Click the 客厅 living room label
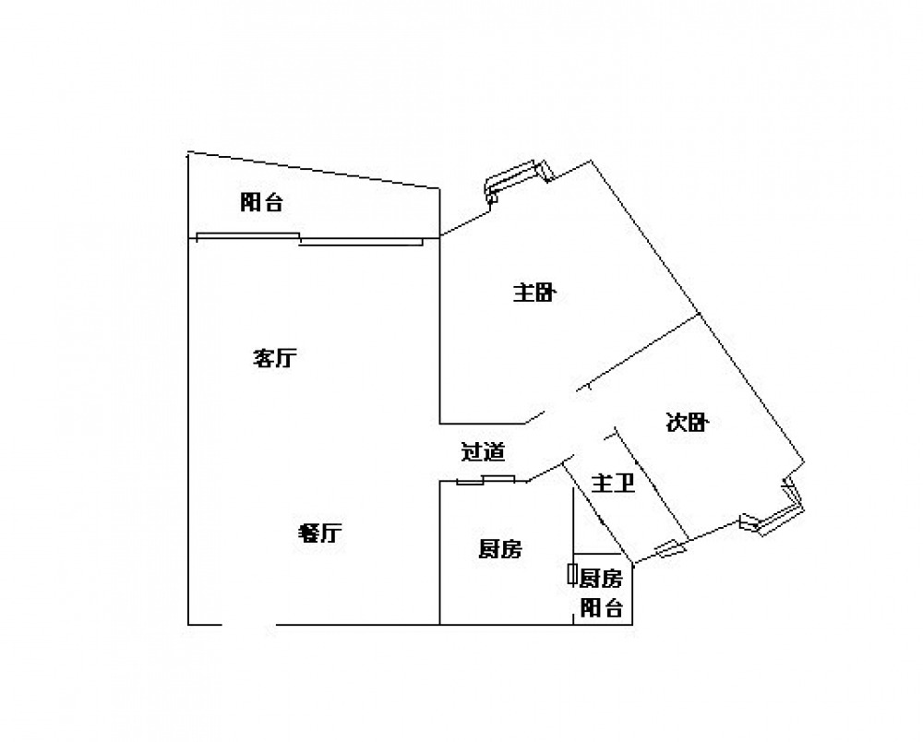pos(275,358)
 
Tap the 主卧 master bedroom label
pos(533,293)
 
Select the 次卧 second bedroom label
pos(687,422)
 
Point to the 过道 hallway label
pos(483,451)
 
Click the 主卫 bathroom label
pos(613,484)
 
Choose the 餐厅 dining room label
pos(319,533)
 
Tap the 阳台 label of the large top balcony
pos(262,202)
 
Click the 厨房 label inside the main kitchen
pos(499,549)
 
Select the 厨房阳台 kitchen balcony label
pos(601,593)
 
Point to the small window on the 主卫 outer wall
pos(670,548)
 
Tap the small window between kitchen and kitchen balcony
pos(571,574)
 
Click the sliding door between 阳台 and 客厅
pos(309,239)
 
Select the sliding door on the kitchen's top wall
pos(485,480)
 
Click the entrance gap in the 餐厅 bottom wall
pos(249,624)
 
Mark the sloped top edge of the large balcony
pos(313,170)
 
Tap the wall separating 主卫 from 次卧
pos(652,483)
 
